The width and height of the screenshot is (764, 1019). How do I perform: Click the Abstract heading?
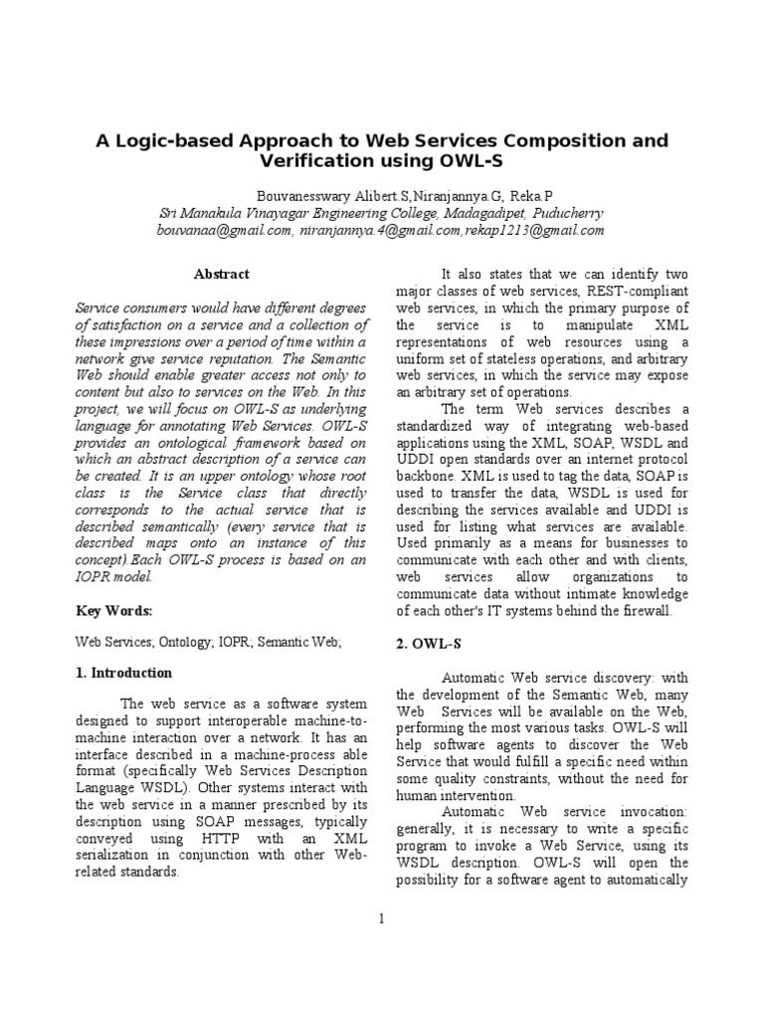[221, 274]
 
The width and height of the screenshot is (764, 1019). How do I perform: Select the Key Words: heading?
[114, 610]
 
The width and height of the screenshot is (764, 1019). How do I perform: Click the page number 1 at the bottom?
[381, 917]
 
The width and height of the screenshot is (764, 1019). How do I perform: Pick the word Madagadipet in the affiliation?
[466, 213]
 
